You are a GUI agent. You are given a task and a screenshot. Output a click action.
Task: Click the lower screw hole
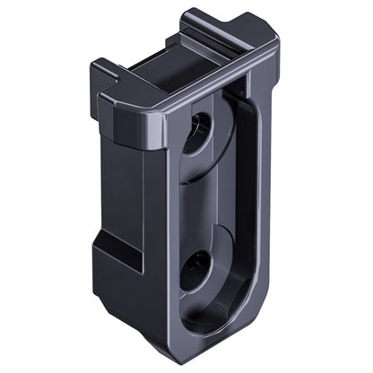[x=196, y=269]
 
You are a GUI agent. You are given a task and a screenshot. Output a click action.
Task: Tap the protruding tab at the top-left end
[x=104, y=71]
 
